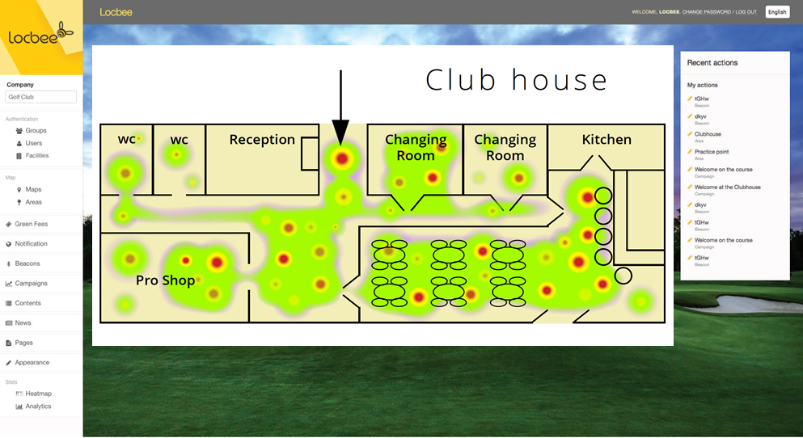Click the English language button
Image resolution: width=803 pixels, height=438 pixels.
(777, 11)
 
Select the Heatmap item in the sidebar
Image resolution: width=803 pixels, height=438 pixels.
(38, 394)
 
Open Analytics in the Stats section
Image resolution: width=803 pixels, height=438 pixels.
(38, 406)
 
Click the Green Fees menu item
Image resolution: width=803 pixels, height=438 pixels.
(31, 224)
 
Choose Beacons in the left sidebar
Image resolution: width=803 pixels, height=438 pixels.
(27, 263)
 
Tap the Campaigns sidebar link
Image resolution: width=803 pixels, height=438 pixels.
(31, 284)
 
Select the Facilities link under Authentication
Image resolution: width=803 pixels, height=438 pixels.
(36, 155)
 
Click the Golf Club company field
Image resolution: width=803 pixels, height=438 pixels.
(40, 97)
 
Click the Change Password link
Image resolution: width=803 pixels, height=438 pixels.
(706, 12)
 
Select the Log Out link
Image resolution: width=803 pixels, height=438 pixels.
(746, 12)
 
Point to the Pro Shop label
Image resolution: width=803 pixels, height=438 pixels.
(165, 280)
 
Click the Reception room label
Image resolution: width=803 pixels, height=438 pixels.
(262, 140)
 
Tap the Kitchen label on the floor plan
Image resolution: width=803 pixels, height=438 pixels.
(606, 140)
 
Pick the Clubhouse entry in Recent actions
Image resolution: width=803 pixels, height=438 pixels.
(708, 134)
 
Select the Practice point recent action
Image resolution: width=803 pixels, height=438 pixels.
(712, 152)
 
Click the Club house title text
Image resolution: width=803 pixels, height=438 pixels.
(516, 79)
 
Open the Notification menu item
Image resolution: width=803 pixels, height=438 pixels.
(31, 243)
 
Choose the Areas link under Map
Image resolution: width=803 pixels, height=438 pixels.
(33, 202)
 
